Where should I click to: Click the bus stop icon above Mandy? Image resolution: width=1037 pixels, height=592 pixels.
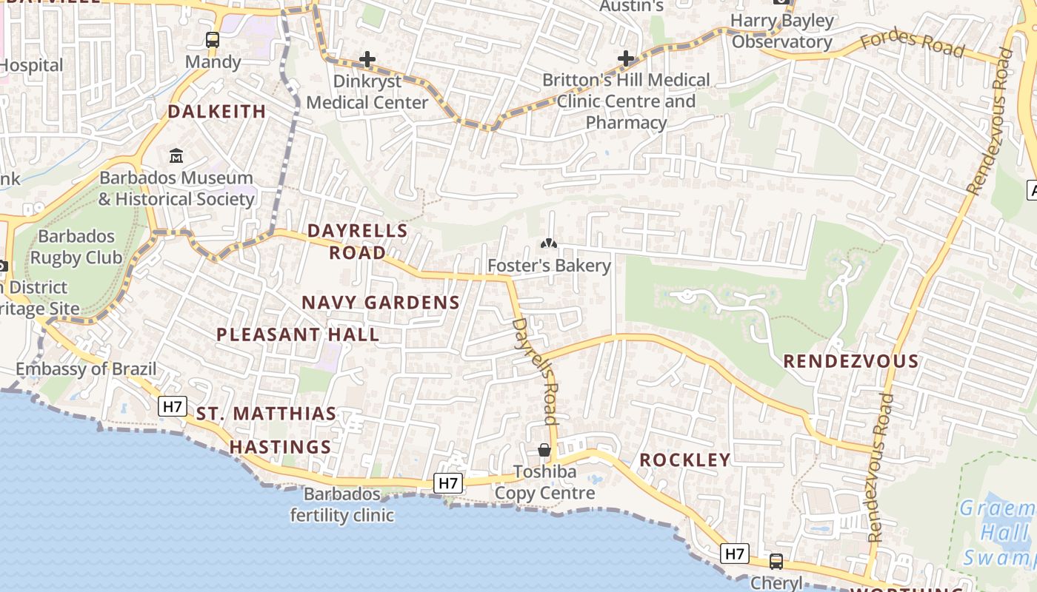click(213, 40)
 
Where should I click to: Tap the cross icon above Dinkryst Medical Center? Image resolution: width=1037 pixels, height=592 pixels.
click(367, 59)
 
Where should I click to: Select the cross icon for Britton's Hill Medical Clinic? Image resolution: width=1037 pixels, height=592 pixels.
click(626, 58)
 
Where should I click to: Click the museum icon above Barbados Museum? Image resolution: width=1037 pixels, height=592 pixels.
click(176, 156)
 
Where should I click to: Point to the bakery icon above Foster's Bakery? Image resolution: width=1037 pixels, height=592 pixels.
click(549, 243)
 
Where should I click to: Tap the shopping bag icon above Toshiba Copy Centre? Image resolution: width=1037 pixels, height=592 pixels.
click(544, 450)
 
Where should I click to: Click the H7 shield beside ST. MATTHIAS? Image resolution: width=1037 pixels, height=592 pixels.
click(173, 406)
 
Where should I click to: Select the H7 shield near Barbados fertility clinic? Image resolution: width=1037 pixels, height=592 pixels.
click(448, 483)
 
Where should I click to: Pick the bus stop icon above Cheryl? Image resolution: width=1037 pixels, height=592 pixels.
click(776, 562)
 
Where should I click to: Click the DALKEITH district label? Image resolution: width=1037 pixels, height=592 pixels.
click(216, 112)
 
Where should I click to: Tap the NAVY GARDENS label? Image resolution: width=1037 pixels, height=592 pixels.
click(381, 303)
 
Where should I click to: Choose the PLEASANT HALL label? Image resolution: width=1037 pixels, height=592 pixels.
click(298, 334)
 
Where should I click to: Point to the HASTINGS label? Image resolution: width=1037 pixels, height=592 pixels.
click(280, 447)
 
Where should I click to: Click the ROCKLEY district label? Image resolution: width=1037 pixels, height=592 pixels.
click(685, 460)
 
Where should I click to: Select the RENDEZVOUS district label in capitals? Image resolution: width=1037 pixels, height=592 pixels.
click(851, 362)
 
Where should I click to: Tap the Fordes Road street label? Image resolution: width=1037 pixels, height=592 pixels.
click(914, 44)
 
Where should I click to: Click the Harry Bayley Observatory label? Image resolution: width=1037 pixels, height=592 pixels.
click(783, 31)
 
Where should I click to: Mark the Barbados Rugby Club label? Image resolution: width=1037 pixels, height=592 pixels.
click(76, 247)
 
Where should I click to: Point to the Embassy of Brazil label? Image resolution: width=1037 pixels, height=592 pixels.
click(86, 369)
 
